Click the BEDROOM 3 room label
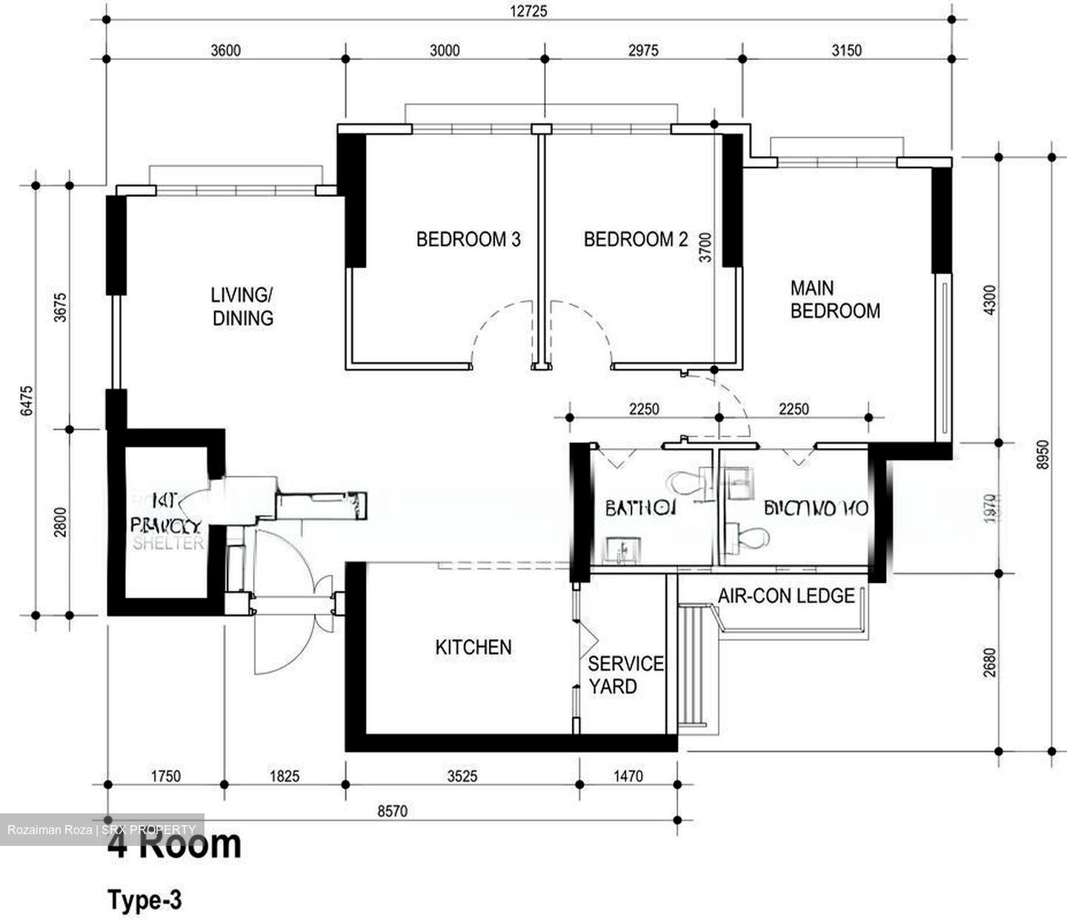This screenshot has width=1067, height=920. [468, 239]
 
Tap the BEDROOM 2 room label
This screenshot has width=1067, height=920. [636, 239]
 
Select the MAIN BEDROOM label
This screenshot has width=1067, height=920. [834, 299]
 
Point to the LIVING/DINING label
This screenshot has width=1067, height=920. [242, 307]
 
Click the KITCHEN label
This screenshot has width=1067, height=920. [473, 647]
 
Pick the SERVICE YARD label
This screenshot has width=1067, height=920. [625, 675]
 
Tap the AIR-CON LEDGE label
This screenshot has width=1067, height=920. [786, 596]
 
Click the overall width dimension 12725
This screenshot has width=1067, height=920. [528, 12]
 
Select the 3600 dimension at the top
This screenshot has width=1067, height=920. [225, 50]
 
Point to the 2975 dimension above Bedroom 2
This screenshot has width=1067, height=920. [642, 50]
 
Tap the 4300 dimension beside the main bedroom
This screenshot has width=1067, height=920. [989, 299]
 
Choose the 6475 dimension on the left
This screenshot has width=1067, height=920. [27, 400]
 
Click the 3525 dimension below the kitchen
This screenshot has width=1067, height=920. [462, 776]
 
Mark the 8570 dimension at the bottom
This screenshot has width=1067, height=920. [392, 811]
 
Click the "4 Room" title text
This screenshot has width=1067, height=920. [175, 844]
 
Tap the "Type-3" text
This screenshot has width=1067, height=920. [144, 900]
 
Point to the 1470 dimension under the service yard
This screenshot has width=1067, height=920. [628, 776]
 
